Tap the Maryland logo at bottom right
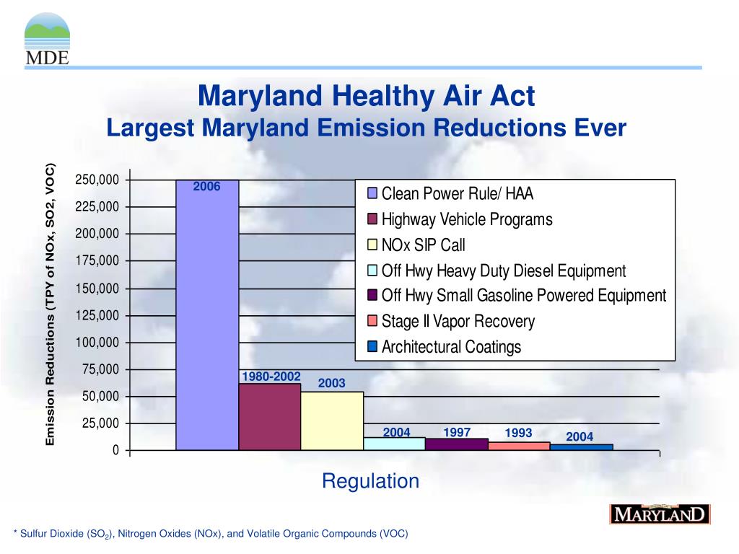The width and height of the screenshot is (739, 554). coord(660,514)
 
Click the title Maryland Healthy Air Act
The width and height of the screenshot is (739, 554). coord(367,96)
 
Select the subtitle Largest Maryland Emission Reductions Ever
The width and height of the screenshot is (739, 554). coord(367,128)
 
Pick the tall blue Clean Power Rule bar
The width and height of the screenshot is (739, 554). coord(207,317)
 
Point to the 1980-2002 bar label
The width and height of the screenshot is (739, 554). coord(271,377)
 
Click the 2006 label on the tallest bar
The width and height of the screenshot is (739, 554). coord(206,187)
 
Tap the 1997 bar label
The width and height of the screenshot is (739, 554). coord(458,432)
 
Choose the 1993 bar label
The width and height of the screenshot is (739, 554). coord(518,433)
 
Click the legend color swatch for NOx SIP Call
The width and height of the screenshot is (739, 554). coord(372,245)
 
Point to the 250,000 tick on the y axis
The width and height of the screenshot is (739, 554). coord(97,180)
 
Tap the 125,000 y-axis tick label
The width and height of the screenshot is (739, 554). coord(97,315)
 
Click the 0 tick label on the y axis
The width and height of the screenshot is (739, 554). coord(115,451)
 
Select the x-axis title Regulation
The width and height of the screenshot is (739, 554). coord(370,481)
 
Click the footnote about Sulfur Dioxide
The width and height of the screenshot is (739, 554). coord(211,534)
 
